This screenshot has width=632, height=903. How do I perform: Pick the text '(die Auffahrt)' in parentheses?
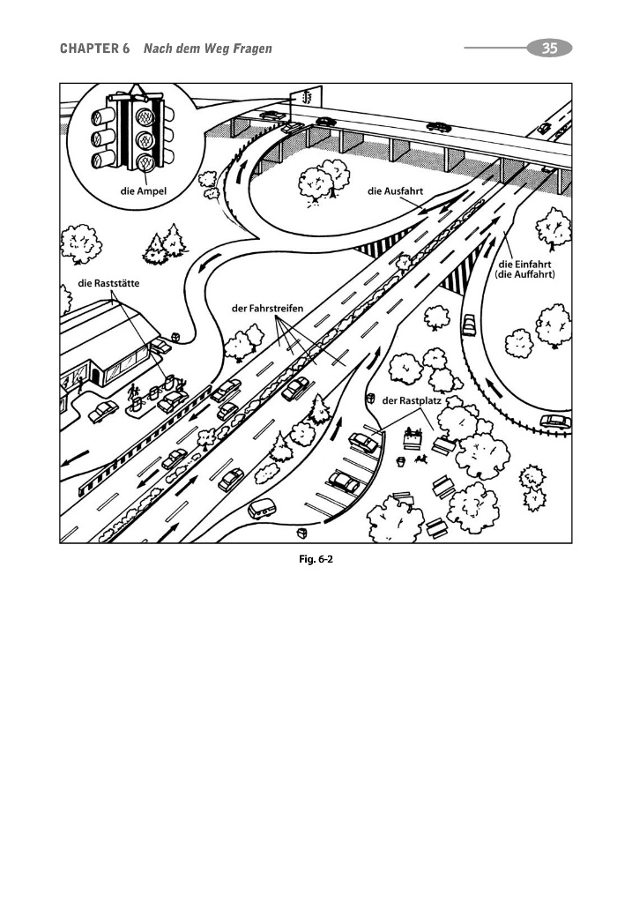(x=530, y=274)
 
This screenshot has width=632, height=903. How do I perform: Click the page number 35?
(x=549, y=49)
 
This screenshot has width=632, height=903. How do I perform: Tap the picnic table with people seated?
(x=412, y=438)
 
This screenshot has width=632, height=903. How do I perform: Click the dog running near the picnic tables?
(x=422, y=459)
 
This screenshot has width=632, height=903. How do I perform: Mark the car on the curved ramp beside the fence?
(x=554, y=422)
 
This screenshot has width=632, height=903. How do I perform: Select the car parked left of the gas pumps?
(x=103, y=410)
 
